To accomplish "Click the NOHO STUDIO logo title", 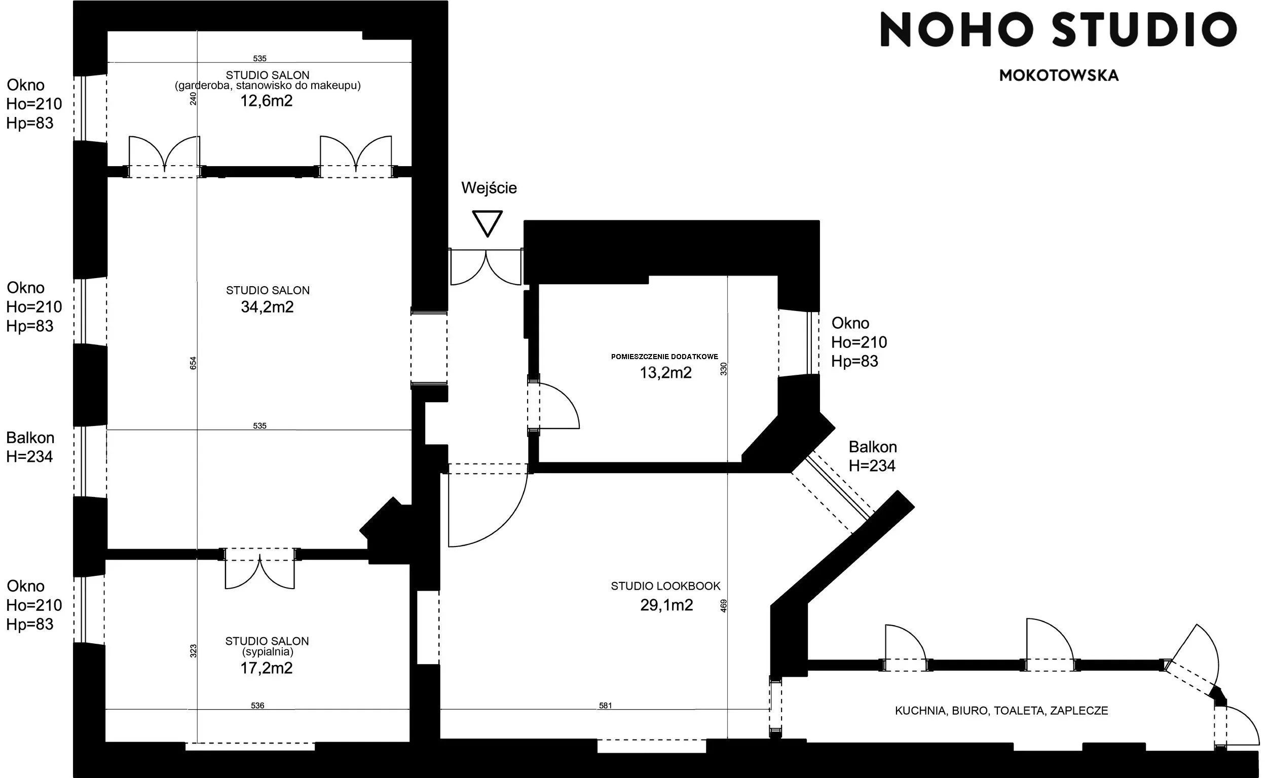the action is [1059, 29].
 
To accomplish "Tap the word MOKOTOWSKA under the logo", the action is [1059, 75].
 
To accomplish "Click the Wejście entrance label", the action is [489, 188].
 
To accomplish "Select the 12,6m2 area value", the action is [267, 101].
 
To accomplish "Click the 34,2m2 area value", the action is [267, 307].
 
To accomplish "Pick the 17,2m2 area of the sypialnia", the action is [267, 669].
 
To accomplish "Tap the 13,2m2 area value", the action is [665, 372].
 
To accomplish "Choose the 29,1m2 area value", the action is [667, 605].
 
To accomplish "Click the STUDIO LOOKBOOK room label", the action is [665, 586].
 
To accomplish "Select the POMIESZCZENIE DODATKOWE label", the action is [664, 357].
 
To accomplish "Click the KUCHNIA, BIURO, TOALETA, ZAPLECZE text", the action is [1001, 711].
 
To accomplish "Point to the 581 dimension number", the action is [606, 706].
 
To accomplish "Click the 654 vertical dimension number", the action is [194, 363].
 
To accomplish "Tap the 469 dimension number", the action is [723, 606].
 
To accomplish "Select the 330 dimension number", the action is [723, 369].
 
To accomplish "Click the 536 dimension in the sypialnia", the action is [257, 706].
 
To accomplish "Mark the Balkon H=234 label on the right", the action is [873, 456].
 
